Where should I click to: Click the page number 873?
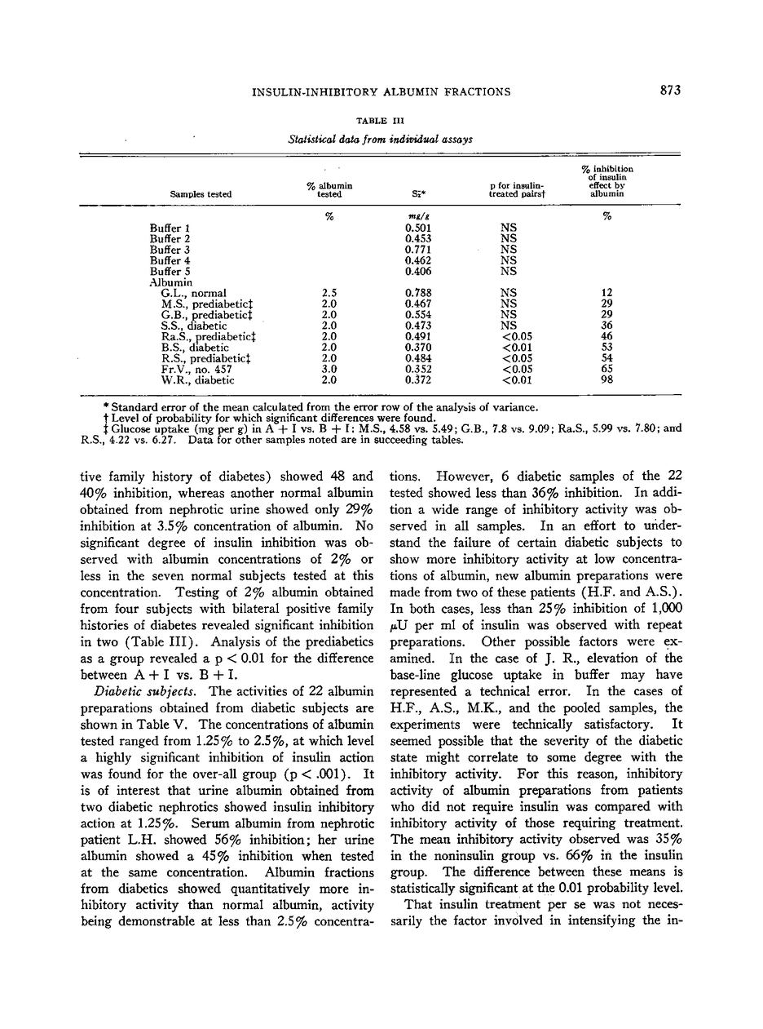pos(670,91)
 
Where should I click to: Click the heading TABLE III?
pos(381,122)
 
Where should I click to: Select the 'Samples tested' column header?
pos(201,194)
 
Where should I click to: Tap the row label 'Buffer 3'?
pos(170,250)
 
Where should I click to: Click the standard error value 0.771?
pos(418,250)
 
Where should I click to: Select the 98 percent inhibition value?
pos(606,380)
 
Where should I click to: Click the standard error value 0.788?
pos(418,293)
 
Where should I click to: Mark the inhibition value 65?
pos(606,370)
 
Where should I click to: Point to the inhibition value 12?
pos(606,293)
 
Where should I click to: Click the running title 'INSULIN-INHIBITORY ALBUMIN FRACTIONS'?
pos(381,91)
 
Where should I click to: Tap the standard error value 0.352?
pos(418,370)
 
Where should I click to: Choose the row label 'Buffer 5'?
pos(170,271)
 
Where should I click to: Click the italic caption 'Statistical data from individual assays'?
pos(381,140)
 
